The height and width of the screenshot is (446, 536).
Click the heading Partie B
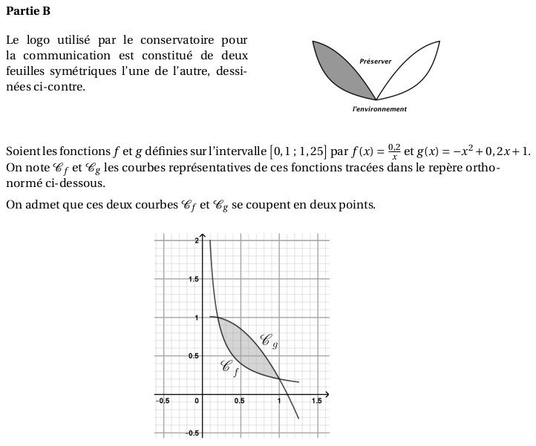click(27, 11)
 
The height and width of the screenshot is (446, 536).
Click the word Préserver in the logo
click(375, 62)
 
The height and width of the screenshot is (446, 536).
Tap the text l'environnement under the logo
click(379, 109)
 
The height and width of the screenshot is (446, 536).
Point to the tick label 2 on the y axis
click(196, 241)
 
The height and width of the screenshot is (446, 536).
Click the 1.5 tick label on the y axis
click(193, 279)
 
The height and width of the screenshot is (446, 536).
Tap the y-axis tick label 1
click(197, 318)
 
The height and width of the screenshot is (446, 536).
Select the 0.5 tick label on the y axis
click(193, 355)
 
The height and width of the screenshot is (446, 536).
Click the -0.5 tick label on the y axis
click(192, 433)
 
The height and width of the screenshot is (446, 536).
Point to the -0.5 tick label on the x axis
click(162, 401)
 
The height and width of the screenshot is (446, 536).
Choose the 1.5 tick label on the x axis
click(317, 401)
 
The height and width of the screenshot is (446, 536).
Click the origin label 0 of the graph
click(197, 401)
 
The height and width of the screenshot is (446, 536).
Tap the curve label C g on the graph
click(269, 341)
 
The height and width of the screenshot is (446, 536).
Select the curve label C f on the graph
click(230, 367)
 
